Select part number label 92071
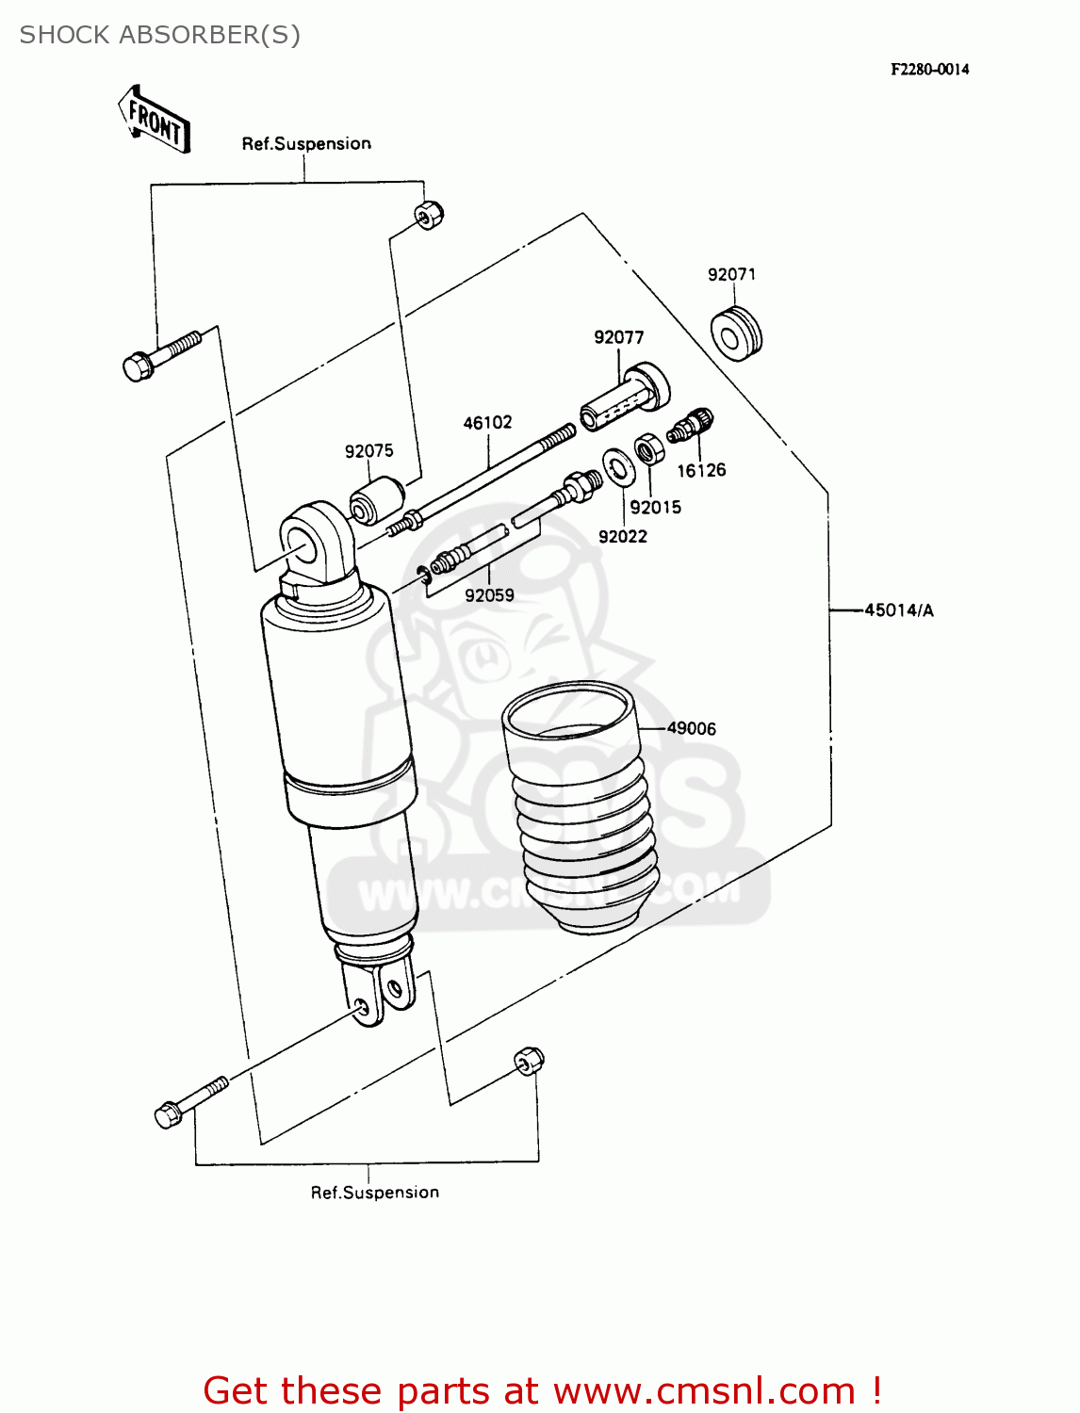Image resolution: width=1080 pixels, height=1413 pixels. (731, 274)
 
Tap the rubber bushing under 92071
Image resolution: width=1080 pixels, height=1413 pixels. (735, 333)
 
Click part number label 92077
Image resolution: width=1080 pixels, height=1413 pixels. (618, 337)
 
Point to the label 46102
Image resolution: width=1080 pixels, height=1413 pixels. (487, 423)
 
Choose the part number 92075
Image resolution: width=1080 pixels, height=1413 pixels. (368, 451)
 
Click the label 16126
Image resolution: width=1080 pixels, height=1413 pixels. (701, 470)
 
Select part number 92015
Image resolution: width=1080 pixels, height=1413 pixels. (655, 507)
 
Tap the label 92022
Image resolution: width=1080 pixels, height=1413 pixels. (622, 537)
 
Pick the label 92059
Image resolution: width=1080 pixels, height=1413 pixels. (489, 595)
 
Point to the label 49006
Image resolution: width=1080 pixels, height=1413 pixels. (691, 728)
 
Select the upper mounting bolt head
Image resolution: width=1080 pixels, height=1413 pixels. (138, 367)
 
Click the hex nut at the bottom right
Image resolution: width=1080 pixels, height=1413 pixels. (529, 1061)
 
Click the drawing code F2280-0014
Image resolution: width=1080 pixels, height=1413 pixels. (929, 69)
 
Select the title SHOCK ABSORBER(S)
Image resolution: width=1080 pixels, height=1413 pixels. (160, 35)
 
